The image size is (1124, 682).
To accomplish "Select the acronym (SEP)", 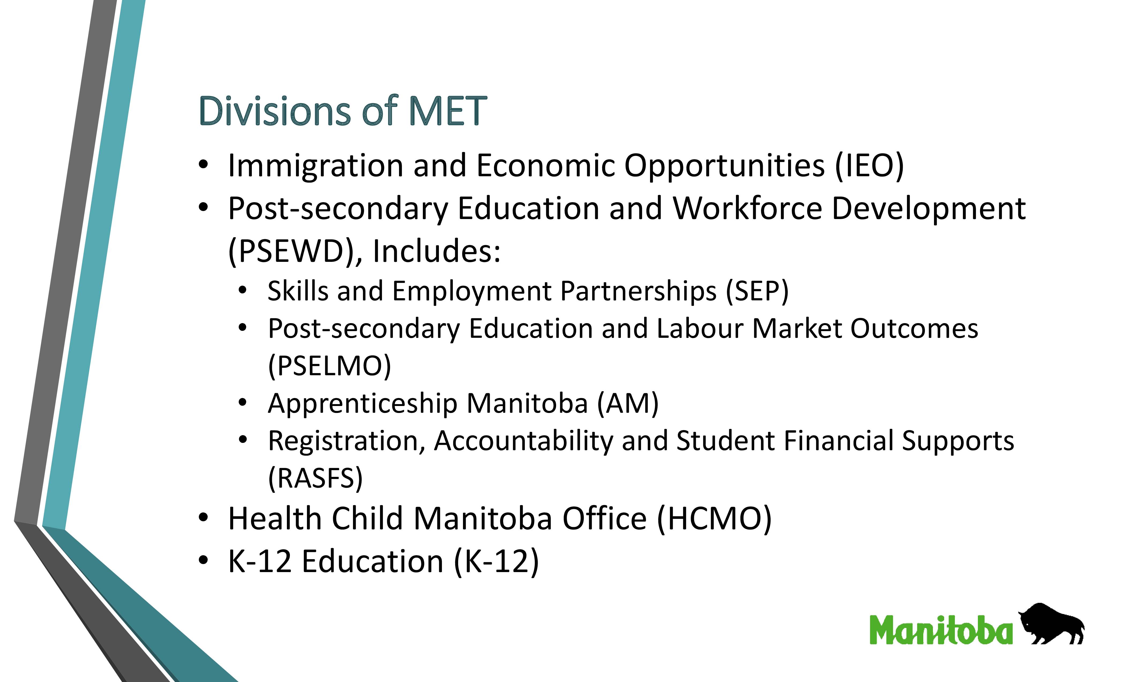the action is pyautogui.click(x=757, y=291).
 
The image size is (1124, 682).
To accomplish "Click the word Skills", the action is pyautogui.click(x=297, y=291).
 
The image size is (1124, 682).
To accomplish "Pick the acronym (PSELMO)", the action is pyautogui.click(x=329, y=366).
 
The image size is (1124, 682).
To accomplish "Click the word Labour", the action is pyautogui.click(x=700, y=328).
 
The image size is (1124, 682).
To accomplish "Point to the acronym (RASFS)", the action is pyautogui.click(x=315, y=478).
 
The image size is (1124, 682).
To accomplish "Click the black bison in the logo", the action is pyautogui.click(x=1051, y=624).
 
